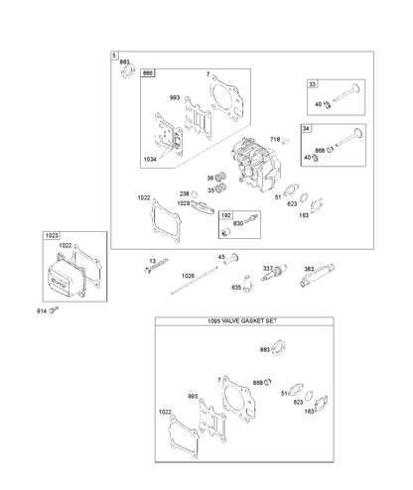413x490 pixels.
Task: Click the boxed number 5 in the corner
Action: coord(114,56)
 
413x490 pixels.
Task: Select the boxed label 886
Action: coord(148,72)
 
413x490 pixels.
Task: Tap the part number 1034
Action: coord(150,160)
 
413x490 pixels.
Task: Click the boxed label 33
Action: coord(312,84)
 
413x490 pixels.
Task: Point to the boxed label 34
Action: coord(306,128)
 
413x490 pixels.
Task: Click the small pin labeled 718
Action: coord(286,141)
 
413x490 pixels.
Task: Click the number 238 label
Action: coord(184,193)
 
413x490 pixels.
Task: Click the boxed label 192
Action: coord(226,215)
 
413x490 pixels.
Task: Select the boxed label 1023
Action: coord(52,235)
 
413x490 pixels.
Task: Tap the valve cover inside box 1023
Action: coord(65,278)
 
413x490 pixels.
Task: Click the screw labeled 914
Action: coord(54,309)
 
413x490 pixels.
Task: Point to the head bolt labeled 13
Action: coord(156,266)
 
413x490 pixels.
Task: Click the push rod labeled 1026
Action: coord(195,281)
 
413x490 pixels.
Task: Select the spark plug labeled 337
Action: coord(274,273)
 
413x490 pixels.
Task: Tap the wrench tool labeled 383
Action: coord(318,275)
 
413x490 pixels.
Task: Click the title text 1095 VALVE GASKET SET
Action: coord(242,320)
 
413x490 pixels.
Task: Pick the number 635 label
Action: coord(236,288)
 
